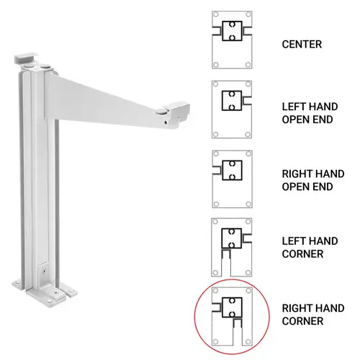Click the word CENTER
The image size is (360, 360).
pyautogui.click(x=302, y=44)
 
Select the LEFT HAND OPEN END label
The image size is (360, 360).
pyautogui.click(x=307, y=112)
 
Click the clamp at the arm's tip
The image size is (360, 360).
pyautogui.click(x=175, y=111)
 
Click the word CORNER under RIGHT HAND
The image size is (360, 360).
pyautogui.click(x=302, y=321)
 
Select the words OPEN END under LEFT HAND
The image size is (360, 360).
pyautogui.click(x=307, y=120)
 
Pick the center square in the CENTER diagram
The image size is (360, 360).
pyautogui.click(x=231, y=32)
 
